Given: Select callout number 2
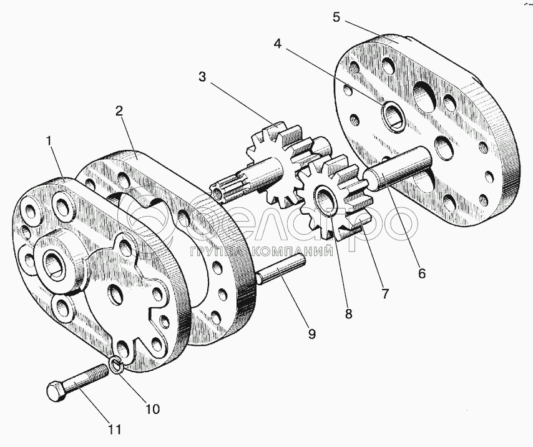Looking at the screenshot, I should [x=119, y=112].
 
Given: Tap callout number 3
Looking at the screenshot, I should [x=202, y=78].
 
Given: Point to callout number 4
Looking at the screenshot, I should [x=278, y=45].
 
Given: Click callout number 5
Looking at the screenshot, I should [x=336, y=17].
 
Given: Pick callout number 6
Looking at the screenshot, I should [x=422, y=273].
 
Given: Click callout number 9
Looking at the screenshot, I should [x=311, y=333].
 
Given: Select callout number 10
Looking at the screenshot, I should [x=152, y=410].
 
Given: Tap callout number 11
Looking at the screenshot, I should [x=114, y=430].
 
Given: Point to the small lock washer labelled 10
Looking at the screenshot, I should [x=115, y=365].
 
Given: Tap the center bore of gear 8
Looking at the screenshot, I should [x=325, y=201].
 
